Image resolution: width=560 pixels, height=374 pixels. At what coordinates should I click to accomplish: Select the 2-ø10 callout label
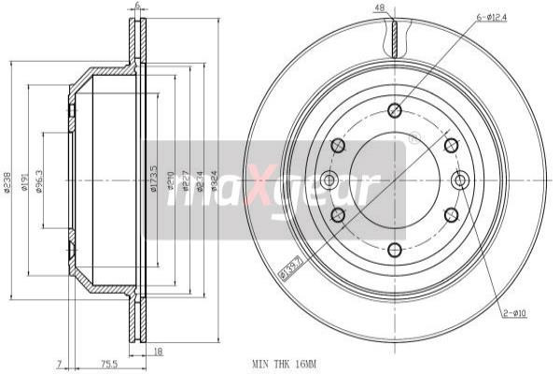click(515, 313)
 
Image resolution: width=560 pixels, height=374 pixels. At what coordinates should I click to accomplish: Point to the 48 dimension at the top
click(380, 9)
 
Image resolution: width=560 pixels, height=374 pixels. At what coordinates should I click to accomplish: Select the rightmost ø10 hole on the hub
click(458, 180)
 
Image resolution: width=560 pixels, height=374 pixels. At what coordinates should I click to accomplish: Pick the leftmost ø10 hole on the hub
click(329, 180)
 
